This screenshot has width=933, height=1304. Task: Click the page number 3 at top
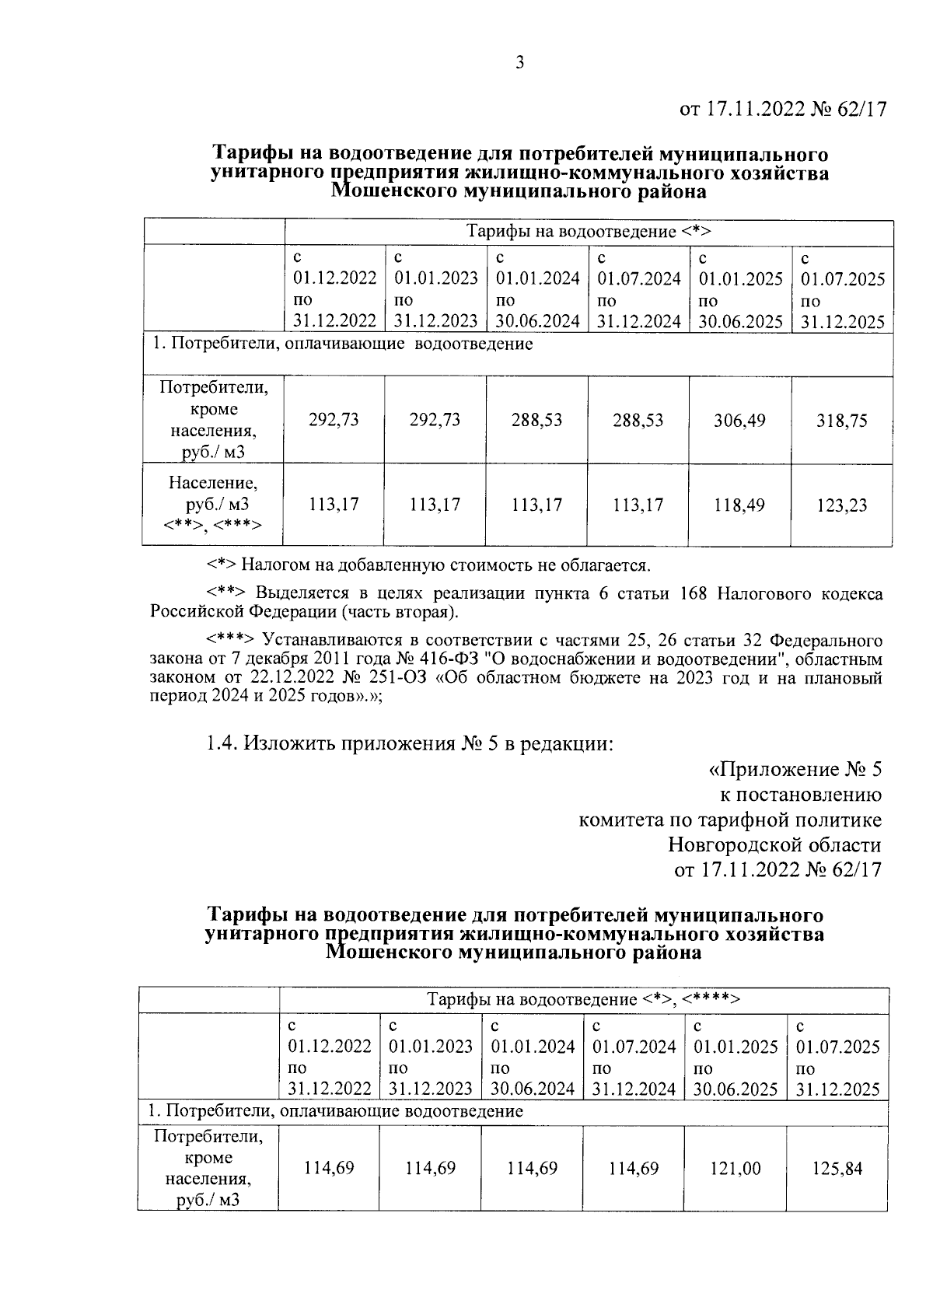click(x=520, y=63)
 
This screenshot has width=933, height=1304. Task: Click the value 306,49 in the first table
click(x=739, y=421)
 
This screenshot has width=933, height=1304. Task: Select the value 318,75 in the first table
click(x=842, y=421)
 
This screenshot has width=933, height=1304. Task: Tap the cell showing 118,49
click(x=739, y=505)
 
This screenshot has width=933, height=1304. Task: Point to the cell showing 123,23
click(x=842, y=505)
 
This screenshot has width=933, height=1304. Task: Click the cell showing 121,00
click(x=736, y=1168)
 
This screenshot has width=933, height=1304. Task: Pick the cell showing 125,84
click(x=837, y=1168)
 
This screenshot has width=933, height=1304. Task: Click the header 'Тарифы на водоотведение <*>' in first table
click(x=589, y=232)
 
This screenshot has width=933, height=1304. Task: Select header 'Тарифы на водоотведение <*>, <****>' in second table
click(x=583, y=999)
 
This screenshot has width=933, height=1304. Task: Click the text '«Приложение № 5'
click(x=795, y=770)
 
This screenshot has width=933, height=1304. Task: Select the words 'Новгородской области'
click(x=774, y=844)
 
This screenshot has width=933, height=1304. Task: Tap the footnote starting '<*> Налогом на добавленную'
click(x=428, y=564)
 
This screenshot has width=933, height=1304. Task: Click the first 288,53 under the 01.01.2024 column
click(x=536, y=421)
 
